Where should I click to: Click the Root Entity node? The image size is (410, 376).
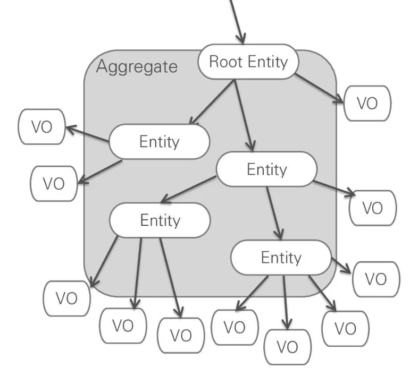248,62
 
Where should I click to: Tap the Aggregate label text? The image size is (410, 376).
137,67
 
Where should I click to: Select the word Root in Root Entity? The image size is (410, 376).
222,62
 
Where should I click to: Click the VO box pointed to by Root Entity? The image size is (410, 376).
367,103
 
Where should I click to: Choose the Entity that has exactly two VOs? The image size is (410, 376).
159,142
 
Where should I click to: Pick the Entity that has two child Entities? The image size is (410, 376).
266,169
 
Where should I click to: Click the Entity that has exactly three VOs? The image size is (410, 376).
160,220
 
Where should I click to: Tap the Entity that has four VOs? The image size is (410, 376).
281,258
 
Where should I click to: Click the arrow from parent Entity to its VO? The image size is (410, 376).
334,189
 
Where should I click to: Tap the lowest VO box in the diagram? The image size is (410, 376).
287,347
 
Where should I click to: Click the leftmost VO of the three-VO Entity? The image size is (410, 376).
66,298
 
